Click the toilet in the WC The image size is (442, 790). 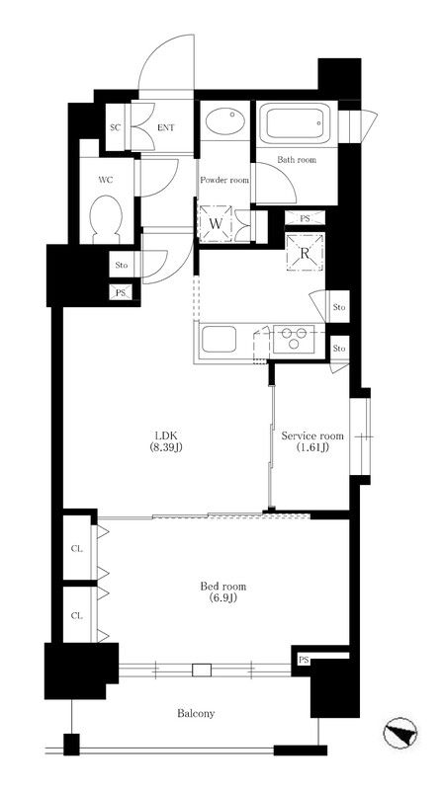[105, 219]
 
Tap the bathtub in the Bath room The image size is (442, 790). [296, 122]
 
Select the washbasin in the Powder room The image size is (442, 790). [225, 120]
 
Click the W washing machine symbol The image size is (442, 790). [216, 224]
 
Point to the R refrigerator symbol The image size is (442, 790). [305, 253]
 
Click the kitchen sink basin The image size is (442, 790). [219, 339]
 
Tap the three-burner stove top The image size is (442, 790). [294, 339]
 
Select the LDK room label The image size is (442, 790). [165, 436]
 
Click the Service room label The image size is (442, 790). [312, 435]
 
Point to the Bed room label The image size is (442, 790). [223, 587]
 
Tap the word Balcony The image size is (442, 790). [196, 713]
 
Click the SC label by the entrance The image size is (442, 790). [116, 127]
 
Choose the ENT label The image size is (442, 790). [165, 128]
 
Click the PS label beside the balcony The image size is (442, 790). [304, 660]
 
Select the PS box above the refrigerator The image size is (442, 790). [305, 218]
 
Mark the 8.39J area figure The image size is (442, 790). [165, 447]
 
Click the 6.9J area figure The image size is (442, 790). [223, 598]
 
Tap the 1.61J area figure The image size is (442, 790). [312, 447]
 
